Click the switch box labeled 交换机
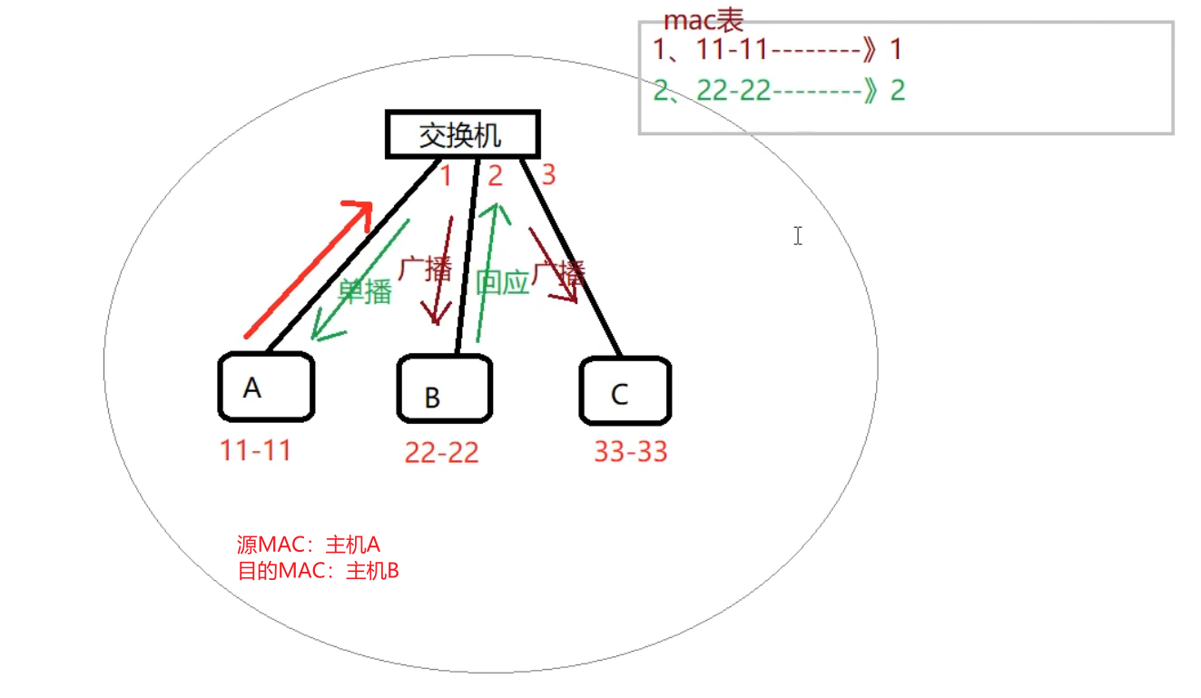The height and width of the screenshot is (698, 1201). click(462, 135)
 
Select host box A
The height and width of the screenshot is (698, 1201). click(265, 388)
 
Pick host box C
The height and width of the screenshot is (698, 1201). click(625, 391)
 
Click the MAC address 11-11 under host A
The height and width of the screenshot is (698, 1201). click(255, 449)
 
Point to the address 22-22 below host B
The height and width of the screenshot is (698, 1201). click(441, 452)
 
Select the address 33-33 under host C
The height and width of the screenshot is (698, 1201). click(630, 450)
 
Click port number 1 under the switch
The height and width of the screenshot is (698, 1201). click(445, 175)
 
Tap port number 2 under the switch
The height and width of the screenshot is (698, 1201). click(495, 175)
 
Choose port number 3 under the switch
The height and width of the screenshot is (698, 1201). click(547, 174)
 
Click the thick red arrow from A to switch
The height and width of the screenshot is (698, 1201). click(309, 269)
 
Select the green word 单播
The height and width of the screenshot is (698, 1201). click(364, 291)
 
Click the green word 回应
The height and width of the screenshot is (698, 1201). click(502, 282)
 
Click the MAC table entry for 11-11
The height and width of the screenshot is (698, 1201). click(777, 49)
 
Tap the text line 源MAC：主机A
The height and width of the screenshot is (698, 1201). click(308, 545)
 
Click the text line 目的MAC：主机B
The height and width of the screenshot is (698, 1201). click(318, 572)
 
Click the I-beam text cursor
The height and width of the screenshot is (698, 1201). click(797, 236)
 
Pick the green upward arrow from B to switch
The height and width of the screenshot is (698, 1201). click(488, 272)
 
